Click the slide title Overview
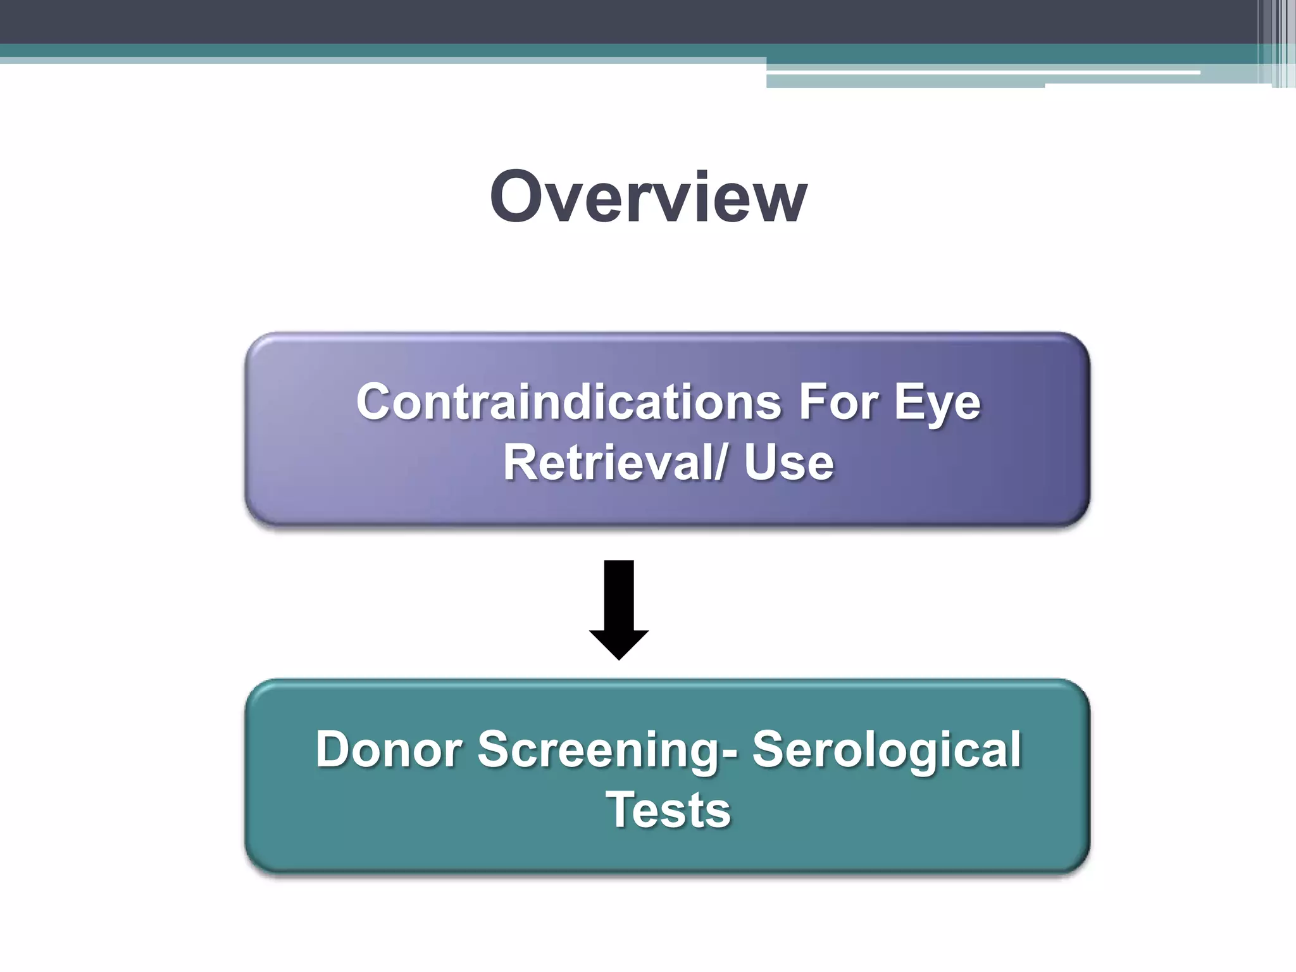click(648, 197)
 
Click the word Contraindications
click(569, 402)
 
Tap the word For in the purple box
click(838, 402)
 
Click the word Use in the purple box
click(788, 463)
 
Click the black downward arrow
click(619, 607)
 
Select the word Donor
click(389, 749)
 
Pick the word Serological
click(887, 751)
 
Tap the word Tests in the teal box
click(668, 810)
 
